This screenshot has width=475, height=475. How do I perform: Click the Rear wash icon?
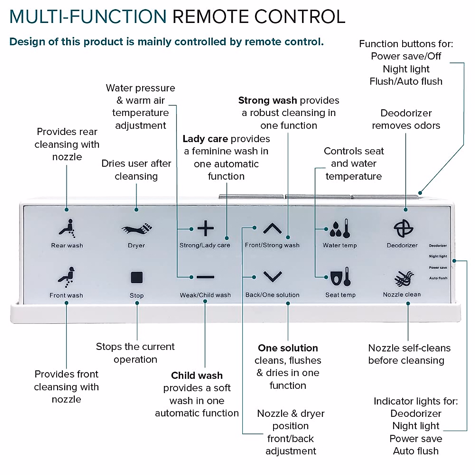click(67, 228)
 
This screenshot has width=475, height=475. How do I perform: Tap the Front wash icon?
click(66, 277)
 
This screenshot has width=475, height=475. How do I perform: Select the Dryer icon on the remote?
click(137, 229)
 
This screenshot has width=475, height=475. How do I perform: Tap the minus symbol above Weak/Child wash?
click(205, 277)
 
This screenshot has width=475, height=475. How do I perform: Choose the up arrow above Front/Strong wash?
click(272, 228)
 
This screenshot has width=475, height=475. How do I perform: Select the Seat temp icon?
click(340, 277)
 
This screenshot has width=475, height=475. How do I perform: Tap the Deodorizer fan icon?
click(403, 228)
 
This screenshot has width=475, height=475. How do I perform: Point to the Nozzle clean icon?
click(403, 279)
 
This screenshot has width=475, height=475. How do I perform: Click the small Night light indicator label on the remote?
click(438, 256)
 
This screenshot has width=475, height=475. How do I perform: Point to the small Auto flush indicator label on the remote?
click(438, 278)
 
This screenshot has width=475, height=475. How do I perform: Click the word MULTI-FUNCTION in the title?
click(88, 17)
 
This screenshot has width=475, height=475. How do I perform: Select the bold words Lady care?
click(205, 139)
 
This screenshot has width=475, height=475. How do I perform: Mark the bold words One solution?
click(288, 348)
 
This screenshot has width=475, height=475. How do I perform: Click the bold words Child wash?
click(197, 375)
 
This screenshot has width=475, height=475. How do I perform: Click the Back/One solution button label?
click(272, 295)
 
